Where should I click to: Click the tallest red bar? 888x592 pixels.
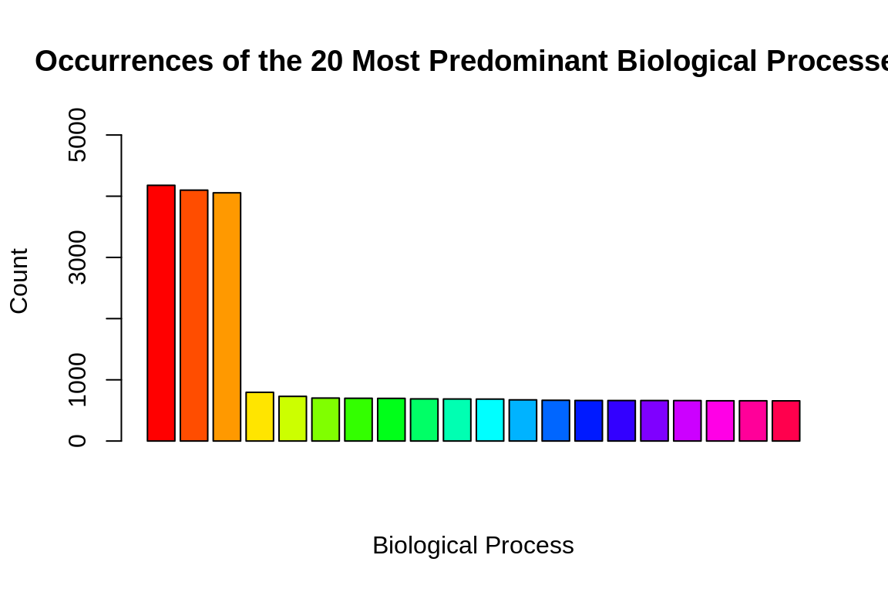[161, 313]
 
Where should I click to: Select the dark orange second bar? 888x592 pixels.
[194, 315]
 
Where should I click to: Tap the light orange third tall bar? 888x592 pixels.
[227, 317]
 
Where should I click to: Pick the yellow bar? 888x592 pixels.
[260, 417]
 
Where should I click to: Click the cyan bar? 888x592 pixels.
[489, 420]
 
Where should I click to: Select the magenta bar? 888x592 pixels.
[720, 421]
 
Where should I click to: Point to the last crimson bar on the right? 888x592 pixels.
[785, 421]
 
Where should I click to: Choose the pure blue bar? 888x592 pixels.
[588, 421]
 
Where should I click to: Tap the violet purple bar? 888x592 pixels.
[654, 421]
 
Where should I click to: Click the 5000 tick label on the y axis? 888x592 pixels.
[78, 135]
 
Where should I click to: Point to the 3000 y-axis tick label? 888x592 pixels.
[78, 257]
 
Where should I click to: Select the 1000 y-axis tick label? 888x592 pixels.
[78, 379]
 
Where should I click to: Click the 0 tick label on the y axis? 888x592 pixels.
[78, 441]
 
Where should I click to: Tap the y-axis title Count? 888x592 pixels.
[18, 281]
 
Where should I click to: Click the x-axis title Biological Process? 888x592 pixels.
[473, 546]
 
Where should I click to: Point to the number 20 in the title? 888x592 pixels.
[327, 62]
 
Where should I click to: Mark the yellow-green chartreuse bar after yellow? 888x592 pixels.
[293, 419]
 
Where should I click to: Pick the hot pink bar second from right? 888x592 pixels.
[753, 421]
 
